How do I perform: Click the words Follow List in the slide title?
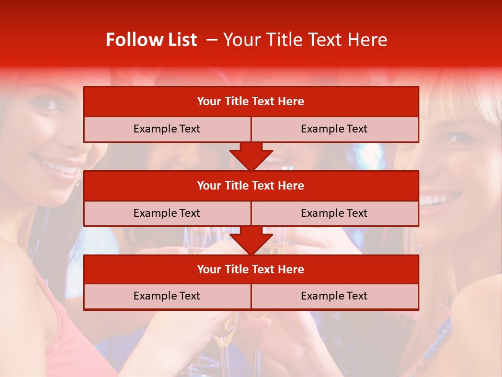coord(151,40)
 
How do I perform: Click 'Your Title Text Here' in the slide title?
coord(305,40)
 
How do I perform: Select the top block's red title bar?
coord(251,102)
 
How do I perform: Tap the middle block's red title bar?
coord(251,185)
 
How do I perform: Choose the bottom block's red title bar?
coord(251,269)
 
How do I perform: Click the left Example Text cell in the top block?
coord(167,129)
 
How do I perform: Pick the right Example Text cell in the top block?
coord(335,129)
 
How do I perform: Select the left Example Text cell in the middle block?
coord(167,213)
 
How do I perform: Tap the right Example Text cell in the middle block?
coord(335,213)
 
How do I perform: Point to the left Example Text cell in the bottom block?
coord(167,296)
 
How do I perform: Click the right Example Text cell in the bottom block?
coord(335,296)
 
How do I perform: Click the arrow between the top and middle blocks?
coord(251,157)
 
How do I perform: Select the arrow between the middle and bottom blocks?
coord(251,240)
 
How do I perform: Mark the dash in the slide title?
coord(212,40)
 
